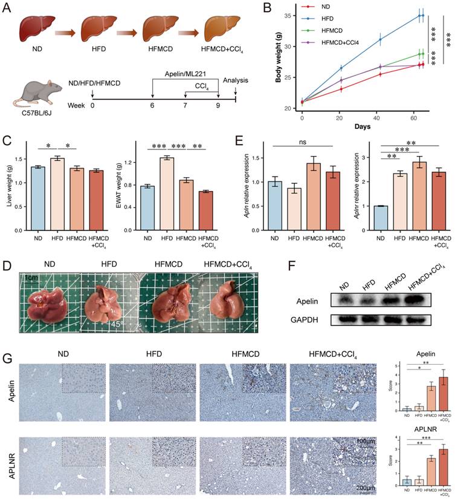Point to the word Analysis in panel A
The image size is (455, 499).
pyautogui.click(x=236, y=80)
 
